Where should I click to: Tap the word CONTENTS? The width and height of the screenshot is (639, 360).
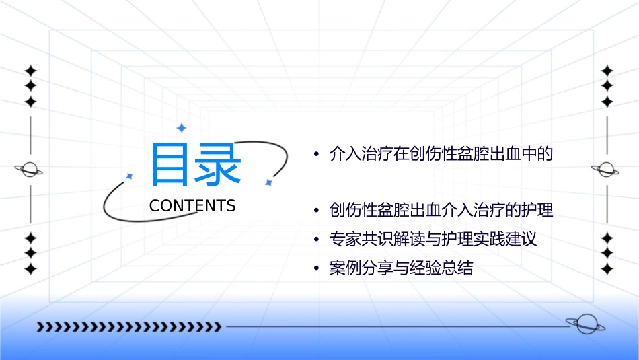point(192,206)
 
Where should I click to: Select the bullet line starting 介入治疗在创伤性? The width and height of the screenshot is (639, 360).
point(441,154)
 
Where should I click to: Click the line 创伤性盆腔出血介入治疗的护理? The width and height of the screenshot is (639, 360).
point(441,210)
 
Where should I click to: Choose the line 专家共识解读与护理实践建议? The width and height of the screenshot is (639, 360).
point(433,239)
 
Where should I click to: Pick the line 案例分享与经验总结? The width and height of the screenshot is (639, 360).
point(401,268)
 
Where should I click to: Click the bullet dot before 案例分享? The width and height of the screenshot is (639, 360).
point(316,269)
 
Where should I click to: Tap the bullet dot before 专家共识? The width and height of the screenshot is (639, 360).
point(316,240)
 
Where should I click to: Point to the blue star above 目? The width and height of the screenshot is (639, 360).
point(180,128)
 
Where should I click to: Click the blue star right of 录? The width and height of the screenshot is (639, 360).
point(268,182)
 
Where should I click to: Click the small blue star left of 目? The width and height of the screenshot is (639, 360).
point(130,176)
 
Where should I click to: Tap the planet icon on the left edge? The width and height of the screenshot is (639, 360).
point(30,170)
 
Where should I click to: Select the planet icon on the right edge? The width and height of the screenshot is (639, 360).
point(607,170)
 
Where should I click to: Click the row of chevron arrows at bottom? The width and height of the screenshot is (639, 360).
point(128,327)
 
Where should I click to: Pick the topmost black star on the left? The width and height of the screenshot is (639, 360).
point(30,71)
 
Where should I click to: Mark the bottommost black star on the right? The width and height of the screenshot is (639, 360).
point(607,269)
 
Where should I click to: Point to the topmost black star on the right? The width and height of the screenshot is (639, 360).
point(607,71)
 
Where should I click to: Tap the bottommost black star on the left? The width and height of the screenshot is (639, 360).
point(30,269)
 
